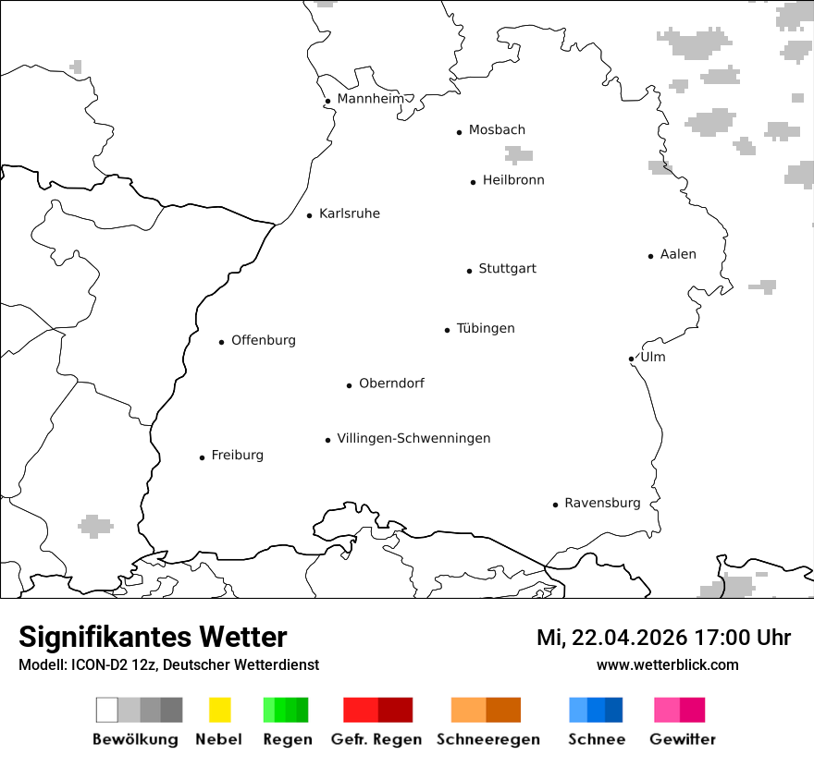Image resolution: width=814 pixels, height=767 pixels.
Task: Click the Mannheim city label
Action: point(370,99)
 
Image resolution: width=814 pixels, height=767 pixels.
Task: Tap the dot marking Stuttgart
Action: point(469,271)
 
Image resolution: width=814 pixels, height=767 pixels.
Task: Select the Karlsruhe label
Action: point(349,213)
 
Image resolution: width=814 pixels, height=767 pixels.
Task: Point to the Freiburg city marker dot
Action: point(202,457)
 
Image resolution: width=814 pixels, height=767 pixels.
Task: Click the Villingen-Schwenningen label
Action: point(413,438)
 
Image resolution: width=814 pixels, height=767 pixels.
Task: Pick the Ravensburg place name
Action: point(602,503)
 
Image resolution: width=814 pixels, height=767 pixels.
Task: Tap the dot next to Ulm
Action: point(631,359)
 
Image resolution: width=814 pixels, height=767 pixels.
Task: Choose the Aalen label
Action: point(678,254)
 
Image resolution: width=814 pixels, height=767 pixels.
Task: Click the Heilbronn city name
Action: point(513,180)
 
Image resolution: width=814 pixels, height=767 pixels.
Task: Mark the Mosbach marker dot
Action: point(459,132)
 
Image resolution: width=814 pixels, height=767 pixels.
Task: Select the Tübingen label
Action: point(486,328)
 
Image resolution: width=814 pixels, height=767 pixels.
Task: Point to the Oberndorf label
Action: point(391,383)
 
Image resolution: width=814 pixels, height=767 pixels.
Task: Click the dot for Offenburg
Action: point(221,342)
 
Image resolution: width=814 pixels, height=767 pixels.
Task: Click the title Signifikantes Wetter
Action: point(153,637)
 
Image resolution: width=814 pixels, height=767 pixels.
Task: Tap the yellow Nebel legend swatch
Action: point(219,710)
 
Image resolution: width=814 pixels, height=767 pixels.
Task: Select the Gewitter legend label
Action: point(683,739)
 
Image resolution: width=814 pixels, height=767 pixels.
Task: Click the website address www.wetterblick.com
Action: point(667,664)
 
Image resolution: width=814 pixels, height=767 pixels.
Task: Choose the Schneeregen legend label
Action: point(487,739)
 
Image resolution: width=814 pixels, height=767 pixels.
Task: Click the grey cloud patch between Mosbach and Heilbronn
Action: point(518,154)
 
